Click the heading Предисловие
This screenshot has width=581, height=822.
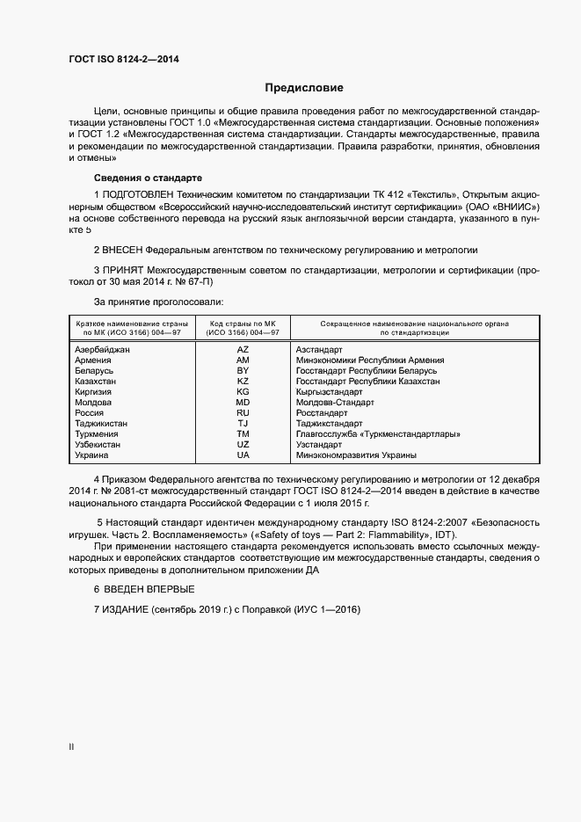[x=304, y=88]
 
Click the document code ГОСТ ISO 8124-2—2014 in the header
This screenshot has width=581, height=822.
[x=123, y=58]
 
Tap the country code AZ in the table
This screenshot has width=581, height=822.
[x=243, y=350]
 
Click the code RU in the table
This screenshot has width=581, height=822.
[x=243, y=413]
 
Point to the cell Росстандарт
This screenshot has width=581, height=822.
[x=322, y=413]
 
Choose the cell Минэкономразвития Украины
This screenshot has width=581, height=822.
[x=356, y=455]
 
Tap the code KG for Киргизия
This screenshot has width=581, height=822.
[x=243, y=392]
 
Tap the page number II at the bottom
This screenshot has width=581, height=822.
[x=72, y=747]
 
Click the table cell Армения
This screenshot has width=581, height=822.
[x=93, y=360]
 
